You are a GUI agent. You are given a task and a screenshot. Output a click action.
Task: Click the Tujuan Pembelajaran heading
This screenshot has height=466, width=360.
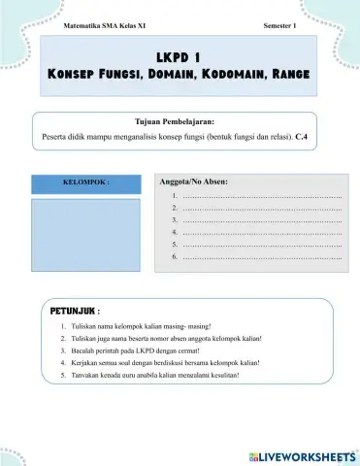180,122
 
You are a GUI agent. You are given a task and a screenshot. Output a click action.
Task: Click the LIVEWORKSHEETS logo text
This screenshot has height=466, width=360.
303,454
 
